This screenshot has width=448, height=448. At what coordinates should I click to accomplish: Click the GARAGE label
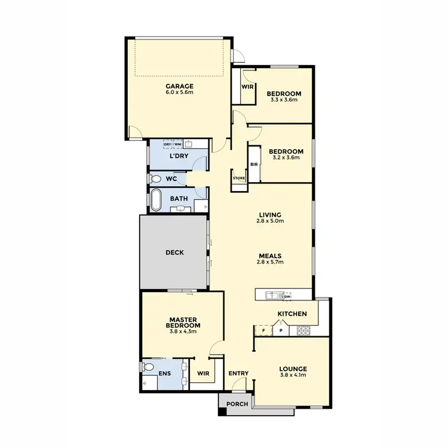[179, 86]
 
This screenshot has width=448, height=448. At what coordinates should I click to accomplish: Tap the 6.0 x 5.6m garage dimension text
[179, 93]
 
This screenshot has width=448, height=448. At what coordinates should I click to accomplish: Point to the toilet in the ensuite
[148, 367]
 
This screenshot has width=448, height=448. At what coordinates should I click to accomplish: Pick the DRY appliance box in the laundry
[168, 144]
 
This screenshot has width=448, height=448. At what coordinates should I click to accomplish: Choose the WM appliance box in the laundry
[177, 144]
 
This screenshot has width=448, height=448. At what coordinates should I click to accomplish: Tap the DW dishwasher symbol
[287, 296]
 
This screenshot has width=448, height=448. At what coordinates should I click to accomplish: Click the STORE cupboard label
[238, 177]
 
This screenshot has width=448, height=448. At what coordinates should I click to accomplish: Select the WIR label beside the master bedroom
[202, 375]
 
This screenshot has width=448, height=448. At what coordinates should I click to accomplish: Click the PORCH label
[238, 404]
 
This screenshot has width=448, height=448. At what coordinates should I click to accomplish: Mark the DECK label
[174, 253]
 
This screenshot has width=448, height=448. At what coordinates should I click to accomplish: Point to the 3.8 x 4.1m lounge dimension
[293, 376]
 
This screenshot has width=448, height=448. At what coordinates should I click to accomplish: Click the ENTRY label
[238, 374]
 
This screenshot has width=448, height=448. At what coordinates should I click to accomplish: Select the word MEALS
[271, 255]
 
